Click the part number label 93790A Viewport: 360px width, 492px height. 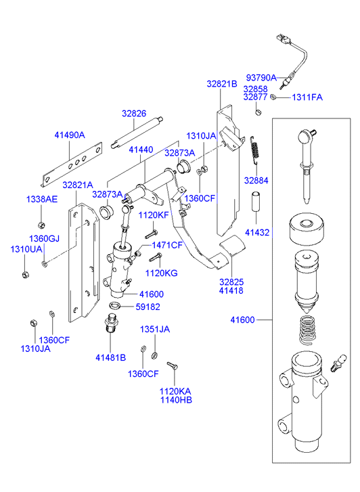pos(261,77)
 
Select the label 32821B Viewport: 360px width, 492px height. pos(221,84)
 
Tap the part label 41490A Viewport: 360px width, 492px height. pos(70,135)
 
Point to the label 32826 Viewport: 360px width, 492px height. pos(134,113)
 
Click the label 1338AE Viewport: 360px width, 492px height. pos(42,199)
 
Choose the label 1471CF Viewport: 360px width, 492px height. pos(167,245)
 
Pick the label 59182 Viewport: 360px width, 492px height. pos(148,307)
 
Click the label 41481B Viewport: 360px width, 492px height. pos(110,357)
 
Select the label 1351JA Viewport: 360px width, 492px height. pos(155,329)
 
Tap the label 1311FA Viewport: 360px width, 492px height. pos(307,97)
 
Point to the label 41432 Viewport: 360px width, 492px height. pos(257,233)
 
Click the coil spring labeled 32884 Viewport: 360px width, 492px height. pos(256,150)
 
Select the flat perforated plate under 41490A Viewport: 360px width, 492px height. pos(72,164)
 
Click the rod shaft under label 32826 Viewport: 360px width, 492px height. pos(137,132)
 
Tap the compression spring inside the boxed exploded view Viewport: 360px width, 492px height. pos(307,329)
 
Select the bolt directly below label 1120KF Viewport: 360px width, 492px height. pos(152,234)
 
